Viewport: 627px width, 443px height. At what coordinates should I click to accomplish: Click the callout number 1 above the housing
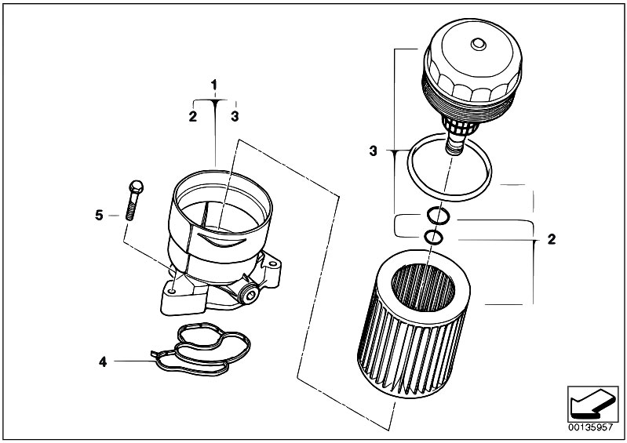(x=214, y=85)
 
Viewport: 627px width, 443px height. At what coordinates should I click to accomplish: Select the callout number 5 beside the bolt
(x=99, y=216)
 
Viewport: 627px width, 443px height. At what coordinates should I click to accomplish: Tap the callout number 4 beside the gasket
(x=103, y=362)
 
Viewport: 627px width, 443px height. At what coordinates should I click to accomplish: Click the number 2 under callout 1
(x=193, y=117)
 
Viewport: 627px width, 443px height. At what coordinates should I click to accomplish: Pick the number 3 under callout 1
(x=235, y=117)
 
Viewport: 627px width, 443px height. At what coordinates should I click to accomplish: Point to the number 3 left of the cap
(x=373, y=151)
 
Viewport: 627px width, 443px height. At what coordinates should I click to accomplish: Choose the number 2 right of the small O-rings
(x=552, y=240)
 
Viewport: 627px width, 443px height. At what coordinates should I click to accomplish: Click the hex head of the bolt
(x=136, y=187)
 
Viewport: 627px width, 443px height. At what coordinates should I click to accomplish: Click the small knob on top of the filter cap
(x=478, y=44)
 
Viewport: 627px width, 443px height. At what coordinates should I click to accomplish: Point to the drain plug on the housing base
(x=248, y=296)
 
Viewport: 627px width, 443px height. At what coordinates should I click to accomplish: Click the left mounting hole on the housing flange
(x=172, y=292)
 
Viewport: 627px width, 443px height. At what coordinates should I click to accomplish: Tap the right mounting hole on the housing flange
(x=273, y=264)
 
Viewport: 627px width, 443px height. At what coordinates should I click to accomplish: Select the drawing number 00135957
(x=592, y=427)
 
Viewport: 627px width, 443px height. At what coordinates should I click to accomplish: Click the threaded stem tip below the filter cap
(x=454, y=151)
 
